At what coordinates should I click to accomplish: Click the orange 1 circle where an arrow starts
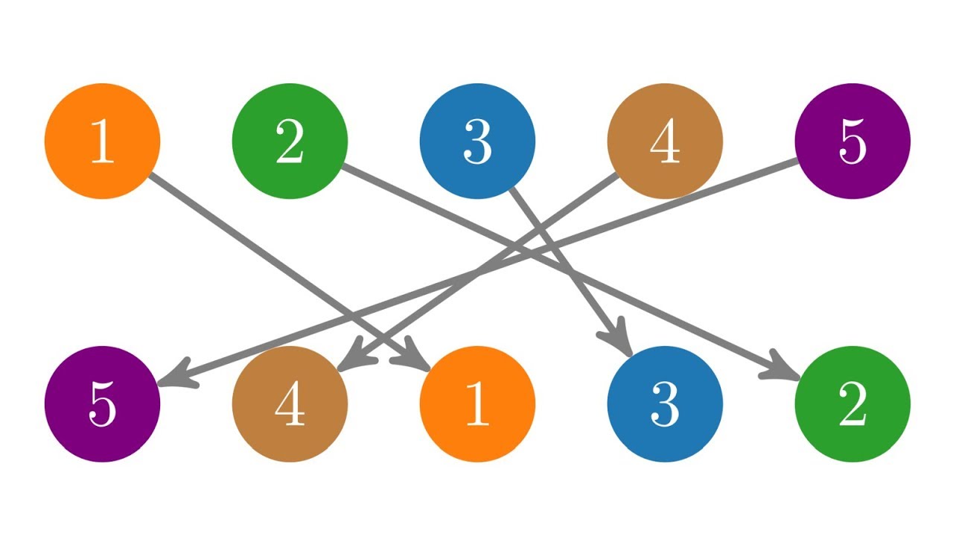pos(102,141)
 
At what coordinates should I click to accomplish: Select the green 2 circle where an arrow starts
pos(290,141)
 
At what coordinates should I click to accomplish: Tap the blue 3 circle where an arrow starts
pos(477,141)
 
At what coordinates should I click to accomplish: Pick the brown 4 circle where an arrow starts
pos(665,141)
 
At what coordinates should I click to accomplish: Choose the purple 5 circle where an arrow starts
pos(852,141)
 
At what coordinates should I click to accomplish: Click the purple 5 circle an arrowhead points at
pos(102,403)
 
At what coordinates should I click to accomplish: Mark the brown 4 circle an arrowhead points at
pos(290,403)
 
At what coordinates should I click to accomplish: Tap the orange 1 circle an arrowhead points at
pos(477,403)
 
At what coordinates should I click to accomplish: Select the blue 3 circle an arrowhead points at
pos(665,403)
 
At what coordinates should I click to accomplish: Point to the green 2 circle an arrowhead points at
pos(852,403)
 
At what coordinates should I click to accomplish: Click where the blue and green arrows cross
pos(570,272)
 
